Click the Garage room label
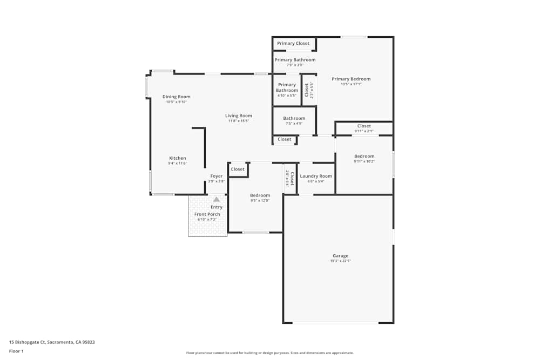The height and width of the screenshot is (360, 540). [340, 256]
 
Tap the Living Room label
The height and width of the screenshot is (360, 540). [239, 116]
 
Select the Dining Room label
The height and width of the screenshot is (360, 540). [177, 97]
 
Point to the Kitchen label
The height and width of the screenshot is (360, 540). [177, 158]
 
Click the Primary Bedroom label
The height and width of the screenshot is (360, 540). [351, 79]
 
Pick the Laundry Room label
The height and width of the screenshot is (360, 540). [316, 176]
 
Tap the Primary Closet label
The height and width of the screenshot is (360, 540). [293, 43]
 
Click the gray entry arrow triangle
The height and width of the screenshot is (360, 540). [217, 199]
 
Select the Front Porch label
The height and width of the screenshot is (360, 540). [207, 214]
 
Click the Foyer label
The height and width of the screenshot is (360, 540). [217, 176]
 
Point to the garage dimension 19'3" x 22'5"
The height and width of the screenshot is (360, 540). [340, 261]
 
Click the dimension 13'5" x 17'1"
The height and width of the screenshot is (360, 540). [351, 84]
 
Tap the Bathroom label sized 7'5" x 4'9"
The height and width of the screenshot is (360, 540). [294, 118]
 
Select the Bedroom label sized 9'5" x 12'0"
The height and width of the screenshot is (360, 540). [260, 195]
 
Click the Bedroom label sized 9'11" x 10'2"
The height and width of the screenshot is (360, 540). [364, 156]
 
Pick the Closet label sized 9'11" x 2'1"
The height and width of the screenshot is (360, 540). [364, 126]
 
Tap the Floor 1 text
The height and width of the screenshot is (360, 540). [16, 351]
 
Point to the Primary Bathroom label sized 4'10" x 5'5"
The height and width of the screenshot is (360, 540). [287, 87]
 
